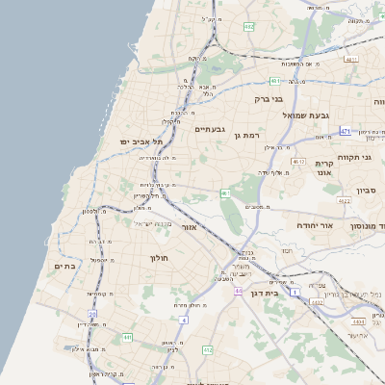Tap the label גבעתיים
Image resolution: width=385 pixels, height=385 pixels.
pyautogui.click(x=209, y=129)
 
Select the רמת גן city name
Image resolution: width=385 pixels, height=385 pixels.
pyautogui.click(x=246, y=136)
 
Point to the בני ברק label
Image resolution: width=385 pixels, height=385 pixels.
pyautogui.click(x=269, y=98)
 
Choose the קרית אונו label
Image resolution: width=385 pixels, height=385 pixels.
pyautogui.click(x=323, y=168)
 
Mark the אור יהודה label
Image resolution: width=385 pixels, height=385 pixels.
pyautogui.click(x=314, y=224)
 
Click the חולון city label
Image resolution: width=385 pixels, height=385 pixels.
pyautogui.click(x=159, y=258)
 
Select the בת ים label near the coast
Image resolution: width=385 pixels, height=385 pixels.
pyautogui.click(x=64, y=267)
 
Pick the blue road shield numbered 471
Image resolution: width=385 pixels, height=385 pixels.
pyautogui.click(x=346, y=130)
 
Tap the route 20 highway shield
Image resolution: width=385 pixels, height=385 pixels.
pyautogui.click(x=92, y=314)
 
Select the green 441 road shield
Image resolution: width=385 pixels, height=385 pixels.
pyautogui.click(x=127, y=337)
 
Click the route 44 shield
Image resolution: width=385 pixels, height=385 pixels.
pyautogui.click(x=239, y=292)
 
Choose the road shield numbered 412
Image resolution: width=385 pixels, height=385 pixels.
pyautogui.click(x=207, y=350)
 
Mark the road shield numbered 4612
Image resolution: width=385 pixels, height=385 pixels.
pyautogui.click(x=298, y=161)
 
